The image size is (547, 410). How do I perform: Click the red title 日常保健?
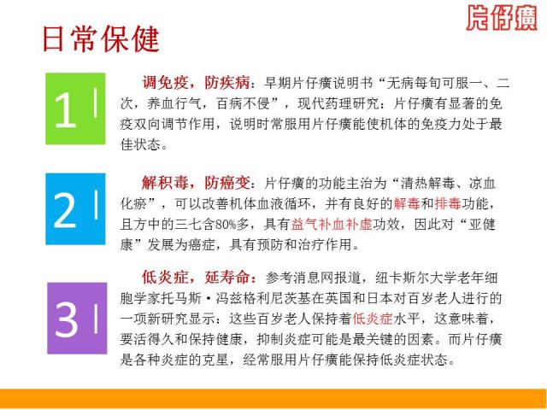point(101,39)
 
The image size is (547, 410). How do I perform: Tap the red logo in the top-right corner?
point(502,18)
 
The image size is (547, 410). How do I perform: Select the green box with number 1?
point(75,108)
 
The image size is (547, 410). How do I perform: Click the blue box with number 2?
point(75,208)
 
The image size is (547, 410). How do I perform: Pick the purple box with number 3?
point(77,319)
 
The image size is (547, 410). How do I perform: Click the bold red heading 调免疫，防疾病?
point(196,83)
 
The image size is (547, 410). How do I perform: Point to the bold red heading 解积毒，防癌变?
point(196,183)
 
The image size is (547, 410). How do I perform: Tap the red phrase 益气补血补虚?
point(332,224)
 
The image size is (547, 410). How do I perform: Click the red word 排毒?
point(448,203)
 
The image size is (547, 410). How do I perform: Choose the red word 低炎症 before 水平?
point(373,319)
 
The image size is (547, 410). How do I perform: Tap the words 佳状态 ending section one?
point(140,144)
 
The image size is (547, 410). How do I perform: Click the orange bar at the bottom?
point(273,398)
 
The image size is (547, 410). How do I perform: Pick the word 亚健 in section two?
point(482,224)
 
